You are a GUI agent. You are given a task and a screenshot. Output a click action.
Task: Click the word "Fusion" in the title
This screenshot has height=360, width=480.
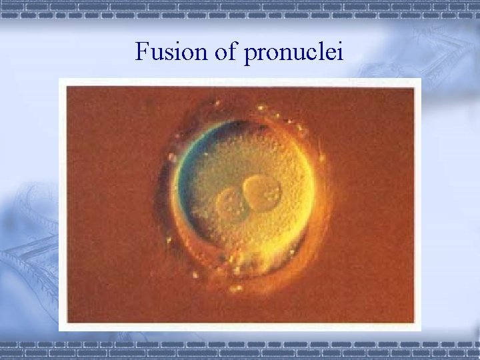[x=171, y=51]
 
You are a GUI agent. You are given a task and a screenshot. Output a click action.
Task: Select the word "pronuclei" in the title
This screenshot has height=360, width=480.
[x=293, y=51]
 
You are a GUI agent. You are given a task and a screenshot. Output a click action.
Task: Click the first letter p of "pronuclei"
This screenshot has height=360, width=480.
[x=250, y=53]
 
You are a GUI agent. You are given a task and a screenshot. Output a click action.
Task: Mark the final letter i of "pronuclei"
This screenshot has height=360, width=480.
[x=340, y=50]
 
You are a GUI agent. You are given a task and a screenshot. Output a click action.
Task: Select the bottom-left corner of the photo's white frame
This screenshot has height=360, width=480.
[x=60, y=329]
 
